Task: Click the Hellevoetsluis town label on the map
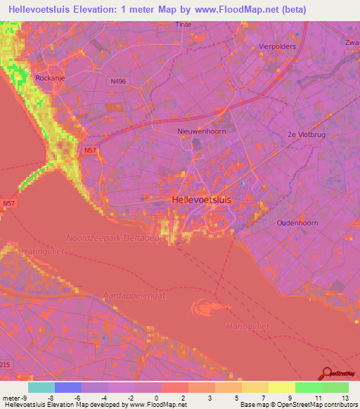[201, 200]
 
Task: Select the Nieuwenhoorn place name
[200, 131]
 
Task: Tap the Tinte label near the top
[183, 24]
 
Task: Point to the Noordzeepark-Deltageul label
[112, 239]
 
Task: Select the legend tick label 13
[345, 398]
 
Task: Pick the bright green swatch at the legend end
[335, 387]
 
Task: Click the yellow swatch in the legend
[281, 387]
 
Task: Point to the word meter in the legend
[12, 398]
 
